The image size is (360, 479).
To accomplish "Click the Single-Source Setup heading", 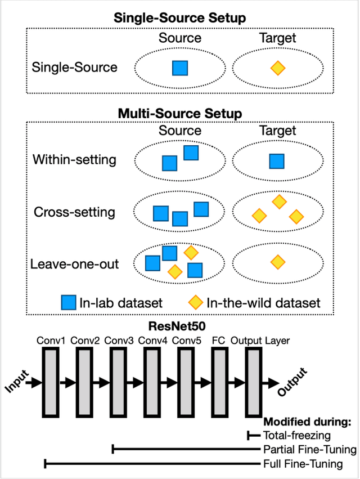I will [179, 17].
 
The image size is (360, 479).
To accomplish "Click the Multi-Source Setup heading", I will [179, 113].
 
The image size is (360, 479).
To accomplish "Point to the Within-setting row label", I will [74, 159].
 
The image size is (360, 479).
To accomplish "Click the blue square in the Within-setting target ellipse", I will [276, 162].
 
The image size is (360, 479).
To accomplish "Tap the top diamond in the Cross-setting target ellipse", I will [278, 201].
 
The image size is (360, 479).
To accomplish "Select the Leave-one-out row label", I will [75, 263].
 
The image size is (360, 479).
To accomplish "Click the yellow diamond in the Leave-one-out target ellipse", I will [277, 262].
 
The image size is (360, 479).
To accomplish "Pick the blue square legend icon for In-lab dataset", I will [69, 303].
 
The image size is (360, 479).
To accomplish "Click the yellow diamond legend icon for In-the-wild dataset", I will [196, 303].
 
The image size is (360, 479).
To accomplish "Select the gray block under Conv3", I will [118, 383].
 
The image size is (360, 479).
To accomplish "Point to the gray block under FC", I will [220, 383].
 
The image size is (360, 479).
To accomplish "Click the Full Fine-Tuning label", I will [303, 464].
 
